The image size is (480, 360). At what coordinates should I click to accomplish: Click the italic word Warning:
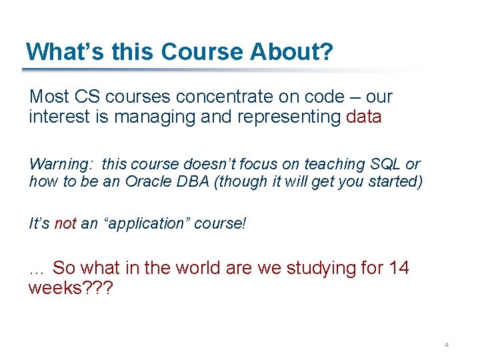[x=57, y=164]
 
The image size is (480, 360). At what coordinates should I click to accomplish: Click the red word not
[x=65, y=224]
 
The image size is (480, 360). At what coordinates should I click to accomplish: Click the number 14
[x=399, y=269]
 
